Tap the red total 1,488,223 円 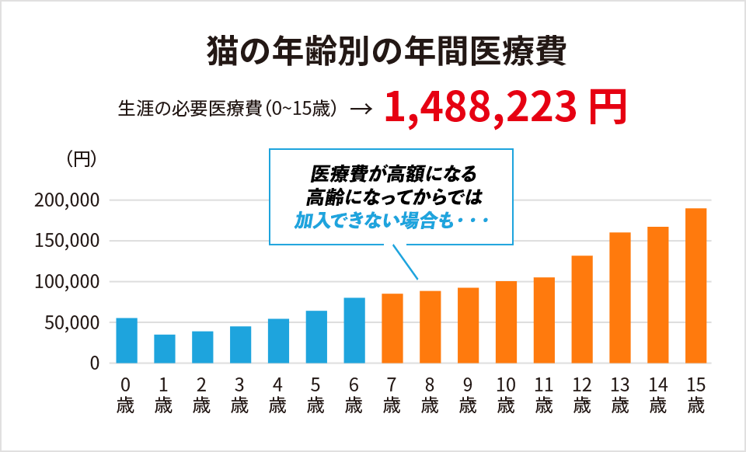(504, 109)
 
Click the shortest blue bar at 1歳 (165, 349)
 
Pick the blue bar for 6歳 (354, 330)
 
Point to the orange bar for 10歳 (506, 322)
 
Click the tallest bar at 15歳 (696, 285)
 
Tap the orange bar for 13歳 (620, 297)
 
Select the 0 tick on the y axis (94, 363)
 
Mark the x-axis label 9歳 (468, 395)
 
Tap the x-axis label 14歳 (658, 395)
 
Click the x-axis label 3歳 (240, 395)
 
